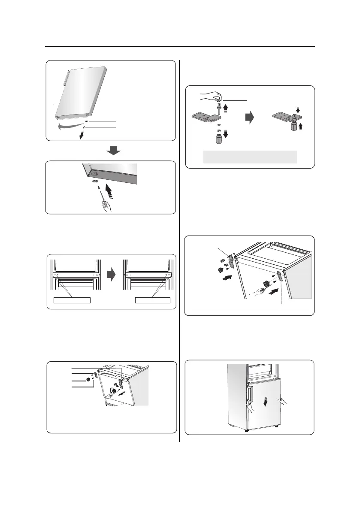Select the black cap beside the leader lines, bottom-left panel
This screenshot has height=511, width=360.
88,379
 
